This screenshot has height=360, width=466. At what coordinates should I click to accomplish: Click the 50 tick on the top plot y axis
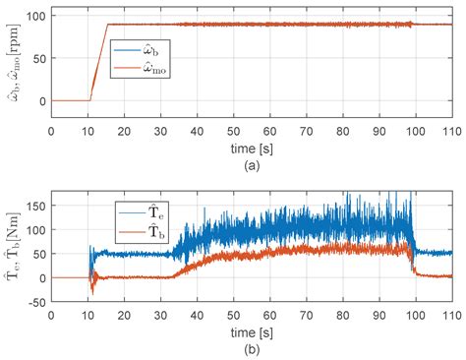(x=36, y=58)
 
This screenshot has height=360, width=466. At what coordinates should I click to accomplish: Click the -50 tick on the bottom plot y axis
(x=33, y=301)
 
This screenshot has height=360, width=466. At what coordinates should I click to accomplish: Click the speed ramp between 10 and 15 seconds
(x=98, y=62)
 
